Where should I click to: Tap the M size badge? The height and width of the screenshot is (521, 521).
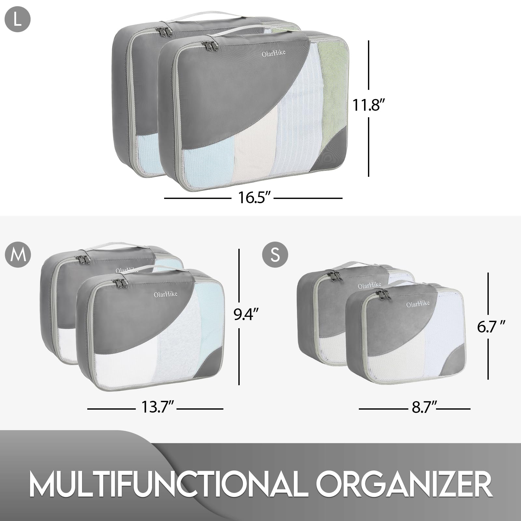tap(18, 254)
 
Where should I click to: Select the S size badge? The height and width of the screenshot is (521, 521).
tap(275, 254)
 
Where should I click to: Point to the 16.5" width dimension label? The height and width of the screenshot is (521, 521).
tap(253, 198)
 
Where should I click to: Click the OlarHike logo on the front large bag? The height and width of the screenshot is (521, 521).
tap(269, 53)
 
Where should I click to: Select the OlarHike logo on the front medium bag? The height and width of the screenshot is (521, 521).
tap(166, 294)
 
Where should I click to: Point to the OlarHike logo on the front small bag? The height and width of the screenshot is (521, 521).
tap(418, 304)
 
